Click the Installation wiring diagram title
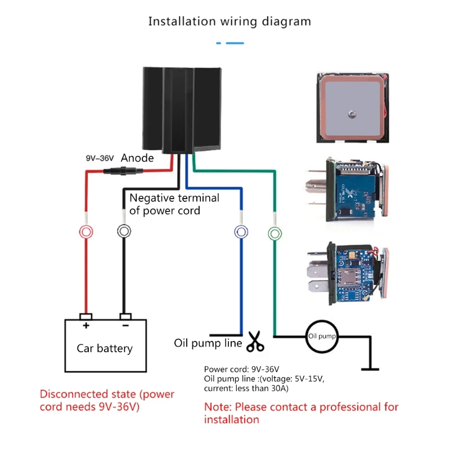[229, 21]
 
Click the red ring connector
[85, 231]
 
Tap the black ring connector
[124, 231]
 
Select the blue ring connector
[240, 231]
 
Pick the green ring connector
[274, 231]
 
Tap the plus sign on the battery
[86, 326]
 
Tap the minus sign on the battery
[125, 326]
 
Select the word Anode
[137, 159]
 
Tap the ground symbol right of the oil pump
[370, 369]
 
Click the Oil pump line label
[208, 343]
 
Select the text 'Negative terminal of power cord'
[174, 204]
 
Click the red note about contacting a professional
[301, 413]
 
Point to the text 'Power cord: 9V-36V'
[241, 369]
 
